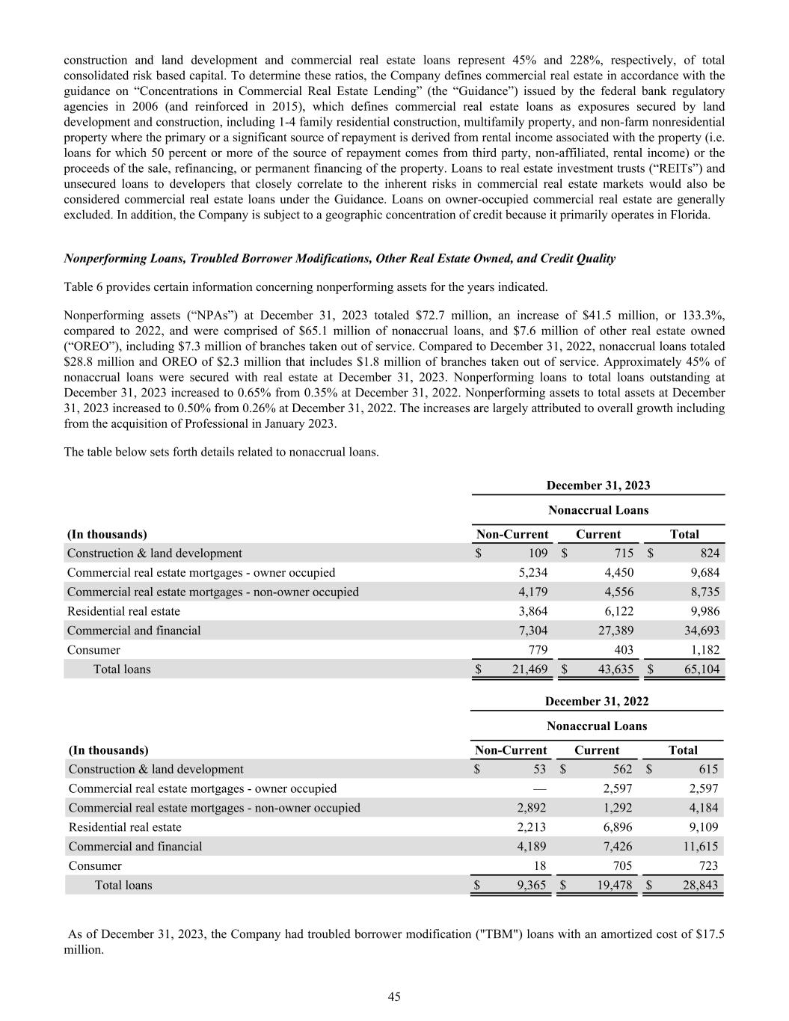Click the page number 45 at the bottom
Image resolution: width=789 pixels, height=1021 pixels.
point(394,996)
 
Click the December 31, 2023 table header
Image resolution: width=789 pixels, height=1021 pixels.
point(598,485)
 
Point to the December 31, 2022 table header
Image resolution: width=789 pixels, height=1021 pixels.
point(597,702)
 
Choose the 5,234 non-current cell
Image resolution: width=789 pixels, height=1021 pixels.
point(532,573)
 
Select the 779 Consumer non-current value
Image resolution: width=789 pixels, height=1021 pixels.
point(538,650)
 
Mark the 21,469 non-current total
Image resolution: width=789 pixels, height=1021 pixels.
point(529,669)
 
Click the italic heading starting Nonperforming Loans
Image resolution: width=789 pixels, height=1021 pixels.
point(340,259)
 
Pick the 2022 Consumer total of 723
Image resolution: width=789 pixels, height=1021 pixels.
point(707,866)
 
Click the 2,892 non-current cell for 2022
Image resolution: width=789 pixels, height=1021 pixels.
point(532,808)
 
